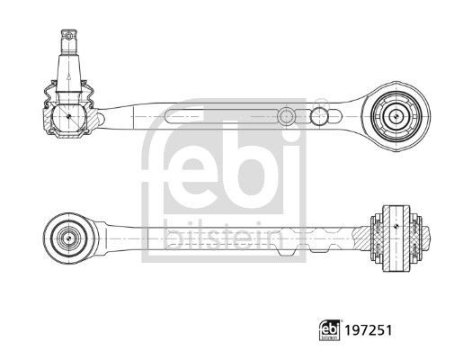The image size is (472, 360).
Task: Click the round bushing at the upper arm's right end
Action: pos(396,114)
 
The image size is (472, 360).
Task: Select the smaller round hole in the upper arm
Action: pos(285,115)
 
